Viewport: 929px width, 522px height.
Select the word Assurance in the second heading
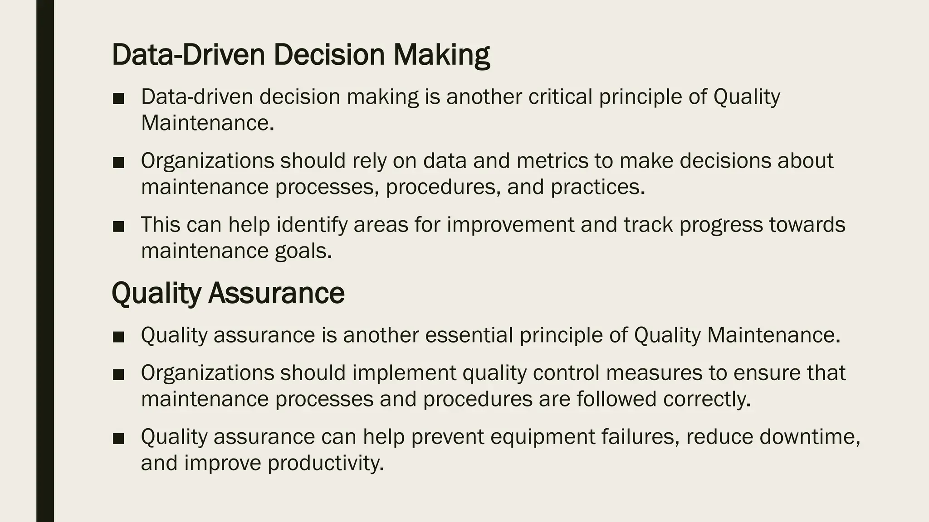276,293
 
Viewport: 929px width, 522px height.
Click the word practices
597,187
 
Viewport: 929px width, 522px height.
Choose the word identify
312,225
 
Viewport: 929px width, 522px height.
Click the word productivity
325,463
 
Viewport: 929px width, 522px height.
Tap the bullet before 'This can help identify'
118,227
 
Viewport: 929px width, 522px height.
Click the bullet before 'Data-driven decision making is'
118,99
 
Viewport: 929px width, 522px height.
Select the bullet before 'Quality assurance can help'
118,439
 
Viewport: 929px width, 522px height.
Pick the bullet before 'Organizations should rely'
118,163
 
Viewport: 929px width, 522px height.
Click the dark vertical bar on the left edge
45,261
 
